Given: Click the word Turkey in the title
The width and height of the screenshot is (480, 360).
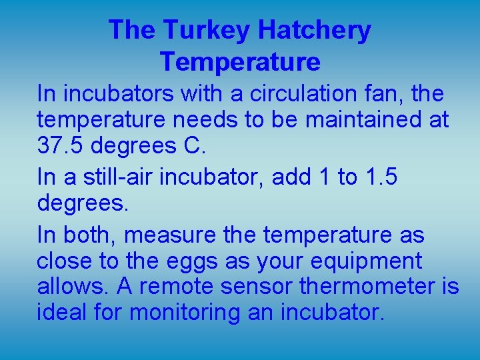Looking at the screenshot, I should [206, 31].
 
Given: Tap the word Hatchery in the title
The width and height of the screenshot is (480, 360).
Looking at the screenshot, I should [314, 31].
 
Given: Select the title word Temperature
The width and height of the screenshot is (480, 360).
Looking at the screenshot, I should [240, 62].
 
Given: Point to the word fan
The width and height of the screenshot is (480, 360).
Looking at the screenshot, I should [381, 94].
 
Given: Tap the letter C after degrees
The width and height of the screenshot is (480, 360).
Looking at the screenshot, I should [192, 145].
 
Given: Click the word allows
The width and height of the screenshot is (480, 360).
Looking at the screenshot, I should [71, 286].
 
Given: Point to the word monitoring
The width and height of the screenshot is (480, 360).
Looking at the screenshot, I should [183, 311].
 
